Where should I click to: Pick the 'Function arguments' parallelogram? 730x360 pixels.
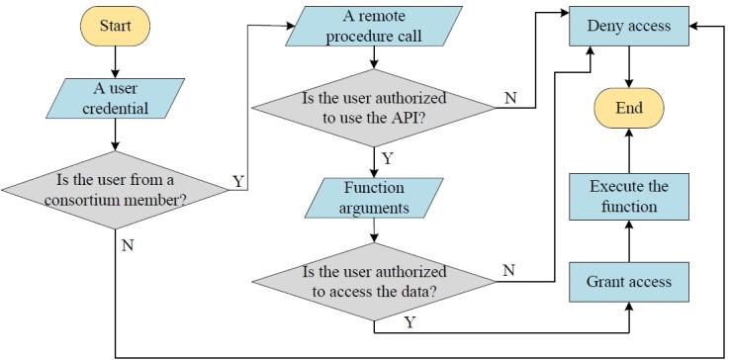(373, 197)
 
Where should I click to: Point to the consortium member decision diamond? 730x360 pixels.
(115, 188)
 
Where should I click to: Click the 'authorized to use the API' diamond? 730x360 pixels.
(373, 109)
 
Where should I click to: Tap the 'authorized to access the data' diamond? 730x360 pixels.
(373, 281)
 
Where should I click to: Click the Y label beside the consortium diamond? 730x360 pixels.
(237, 181)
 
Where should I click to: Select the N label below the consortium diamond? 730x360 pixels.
(128, 244)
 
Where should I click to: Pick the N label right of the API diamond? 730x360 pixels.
(509, 98)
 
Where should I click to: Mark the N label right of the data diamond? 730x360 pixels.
(509, 270)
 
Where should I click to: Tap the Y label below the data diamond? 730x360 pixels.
(409, 322)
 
